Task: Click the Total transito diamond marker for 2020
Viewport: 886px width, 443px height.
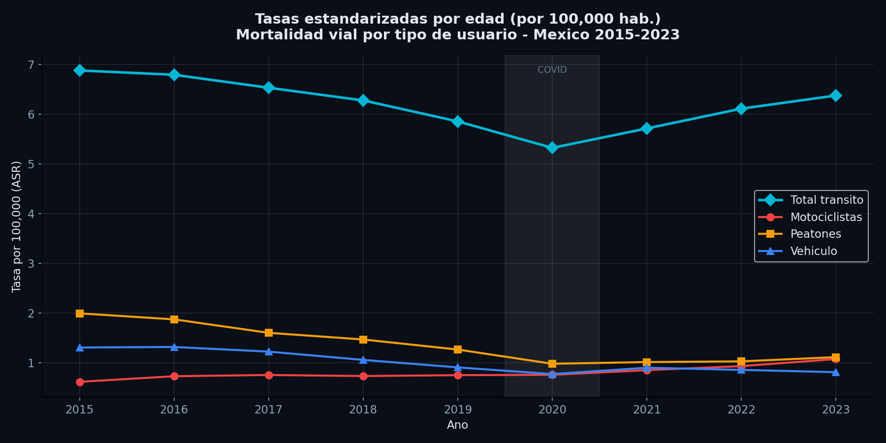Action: click(552, 148)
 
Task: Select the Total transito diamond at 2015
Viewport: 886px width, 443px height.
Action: click(80, 70)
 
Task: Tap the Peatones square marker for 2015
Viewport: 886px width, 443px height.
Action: click(80, 314)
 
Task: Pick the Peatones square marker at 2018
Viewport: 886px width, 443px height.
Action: click(363, 340)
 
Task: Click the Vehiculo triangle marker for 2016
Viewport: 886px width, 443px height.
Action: click(174, 347)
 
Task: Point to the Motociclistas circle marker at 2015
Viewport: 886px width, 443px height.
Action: click(80, 382)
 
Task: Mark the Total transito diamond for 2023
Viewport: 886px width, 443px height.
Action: click(835, 95)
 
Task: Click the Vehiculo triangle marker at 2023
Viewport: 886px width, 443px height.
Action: click(835, 372)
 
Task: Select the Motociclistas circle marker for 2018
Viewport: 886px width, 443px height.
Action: click(363, 376)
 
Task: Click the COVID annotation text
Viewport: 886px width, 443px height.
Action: click(552, 70)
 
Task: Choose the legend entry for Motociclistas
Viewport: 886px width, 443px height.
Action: click(826, 217)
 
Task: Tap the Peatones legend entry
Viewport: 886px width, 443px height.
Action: click(815, 234)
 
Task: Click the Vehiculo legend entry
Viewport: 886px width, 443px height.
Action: click(813, 252)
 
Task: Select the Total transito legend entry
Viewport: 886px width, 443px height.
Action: click(826, 200)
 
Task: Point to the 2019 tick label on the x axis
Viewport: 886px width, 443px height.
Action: click(457, 410)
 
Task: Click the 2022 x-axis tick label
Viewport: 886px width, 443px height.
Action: click(741, 410)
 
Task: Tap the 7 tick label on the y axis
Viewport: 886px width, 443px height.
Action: click(31, 65)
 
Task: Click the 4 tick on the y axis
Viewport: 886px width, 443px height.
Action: click(31, 214)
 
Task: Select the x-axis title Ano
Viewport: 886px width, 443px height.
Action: click(457, 425)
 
